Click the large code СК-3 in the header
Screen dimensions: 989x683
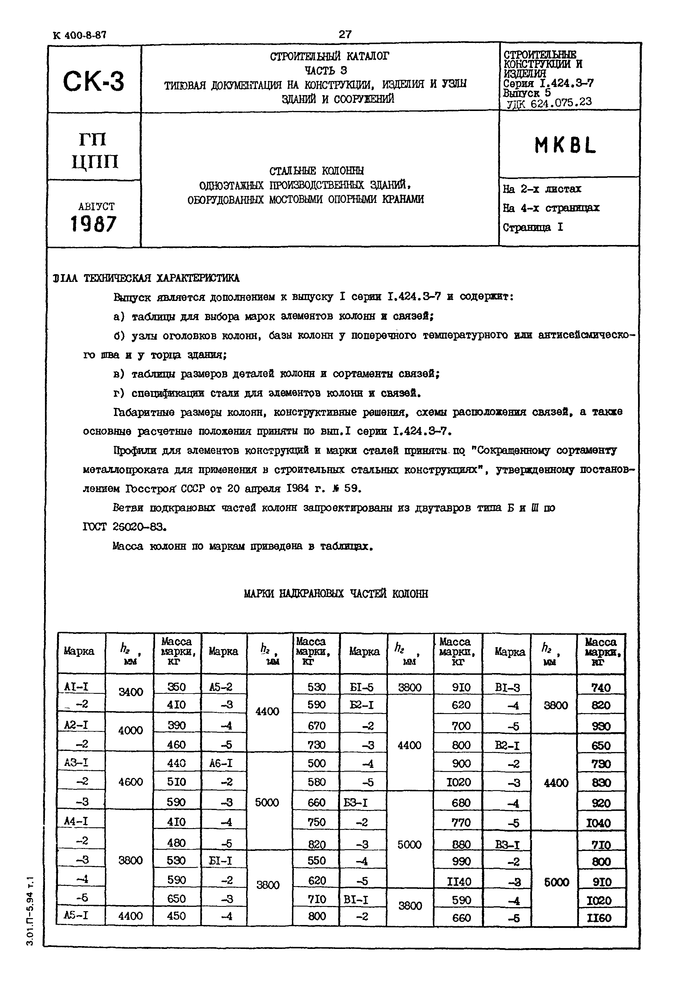coord(93,81)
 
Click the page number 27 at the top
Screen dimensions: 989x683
coord(345,34)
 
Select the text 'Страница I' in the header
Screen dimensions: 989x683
coord(533,227)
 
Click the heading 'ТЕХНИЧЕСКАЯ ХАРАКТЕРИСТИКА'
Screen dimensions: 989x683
coord(162,278)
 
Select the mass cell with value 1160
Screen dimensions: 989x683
coord(600,918)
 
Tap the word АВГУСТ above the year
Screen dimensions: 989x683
coord(96,207)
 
